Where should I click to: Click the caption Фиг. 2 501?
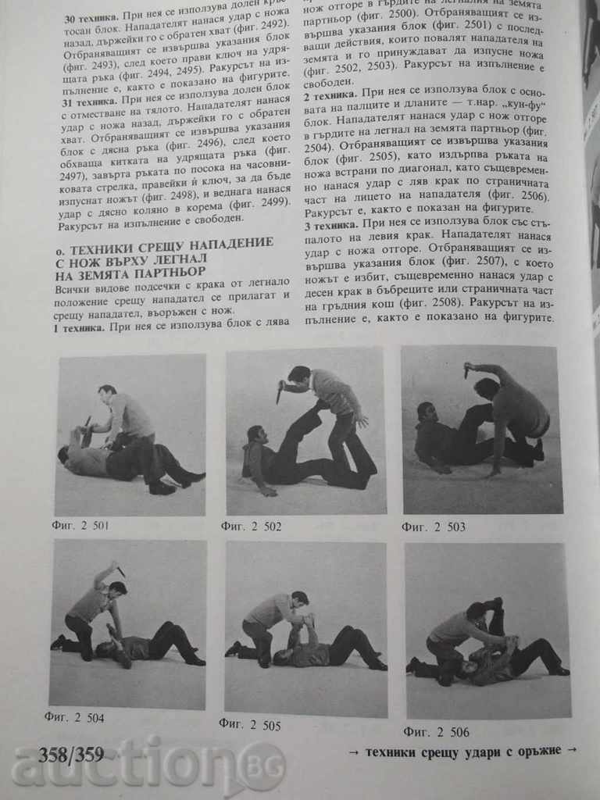click(81, 525)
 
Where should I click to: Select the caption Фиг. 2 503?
click(434, 527)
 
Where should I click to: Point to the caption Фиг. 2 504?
click(77, 717)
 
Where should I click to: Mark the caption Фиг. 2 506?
click(437, 731)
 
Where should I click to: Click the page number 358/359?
click(70, 755)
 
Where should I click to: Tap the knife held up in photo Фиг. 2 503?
click(467, 370)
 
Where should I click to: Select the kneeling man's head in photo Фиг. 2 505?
click(299, 599)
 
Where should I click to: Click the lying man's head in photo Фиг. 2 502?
click(255, 435)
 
